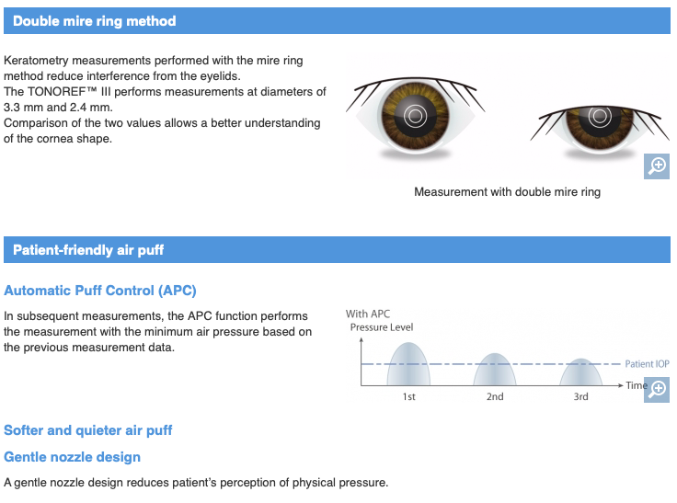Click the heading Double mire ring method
coord(94,21)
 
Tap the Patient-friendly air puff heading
coord(88,249)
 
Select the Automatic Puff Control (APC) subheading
coord(99,291)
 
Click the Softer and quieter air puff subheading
coord(87,430)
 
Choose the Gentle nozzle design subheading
coord(72,457)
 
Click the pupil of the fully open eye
coord(415,115)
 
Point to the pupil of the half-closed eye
coord(600,116)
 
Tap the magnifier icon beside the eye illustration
coord(657,166)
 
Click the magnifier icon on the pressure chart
coord(657,390)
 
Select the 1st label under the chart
coord(409,396)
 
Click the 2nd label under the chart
coord(495,396)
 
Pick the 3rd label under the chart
coord(580,396)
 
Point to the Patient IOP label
coord(647,364)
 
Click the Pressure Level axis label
coord(382,327)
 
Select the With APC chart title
coord(368,314)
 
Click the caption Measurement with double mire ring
coord(508,191)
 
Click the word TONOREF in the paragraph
coord(56,92)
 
